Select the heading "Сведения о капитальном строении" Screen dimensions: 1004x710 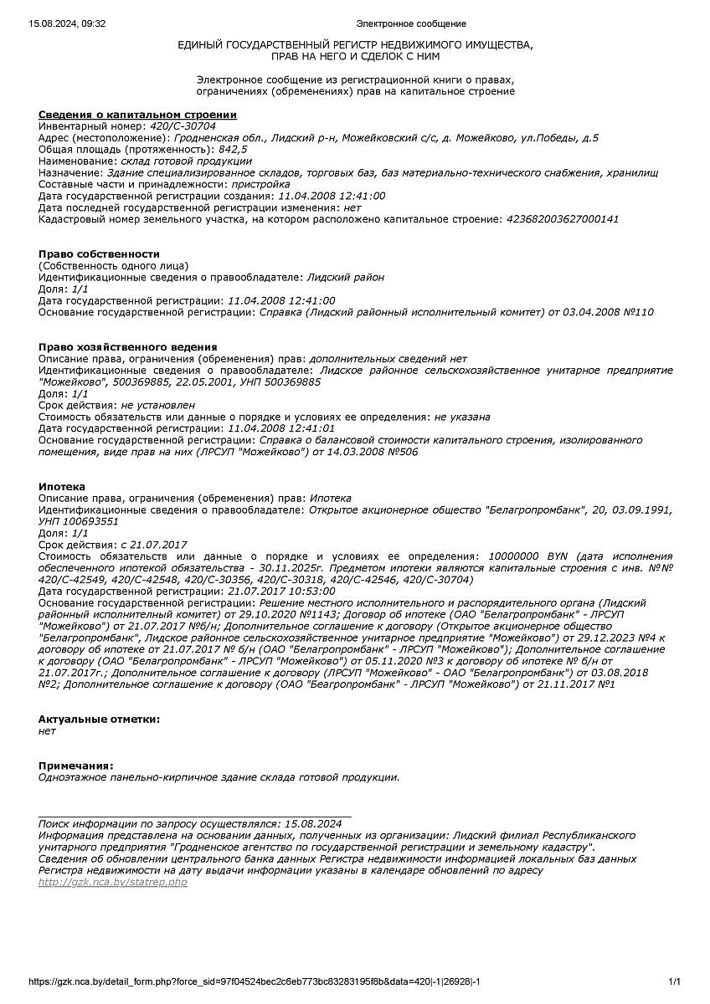point(137,115)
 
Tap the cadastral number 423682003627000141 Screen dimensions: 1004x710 point(562,219)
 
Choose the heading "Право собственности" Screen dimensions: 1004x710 point(99,254)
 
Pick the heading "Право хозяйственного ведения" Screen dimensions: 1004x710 point(127,347)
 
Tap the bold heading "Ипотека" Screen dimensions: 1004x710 point(62,487)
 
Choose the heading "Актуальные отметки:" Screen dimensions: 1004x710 point(99,720)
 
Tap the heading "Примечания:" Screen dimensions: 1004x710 point(75,766)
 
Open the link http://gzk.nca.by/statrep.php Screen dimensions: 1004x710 point(113,883)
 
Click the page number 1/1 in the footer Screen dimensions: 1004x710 point(675,981)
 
